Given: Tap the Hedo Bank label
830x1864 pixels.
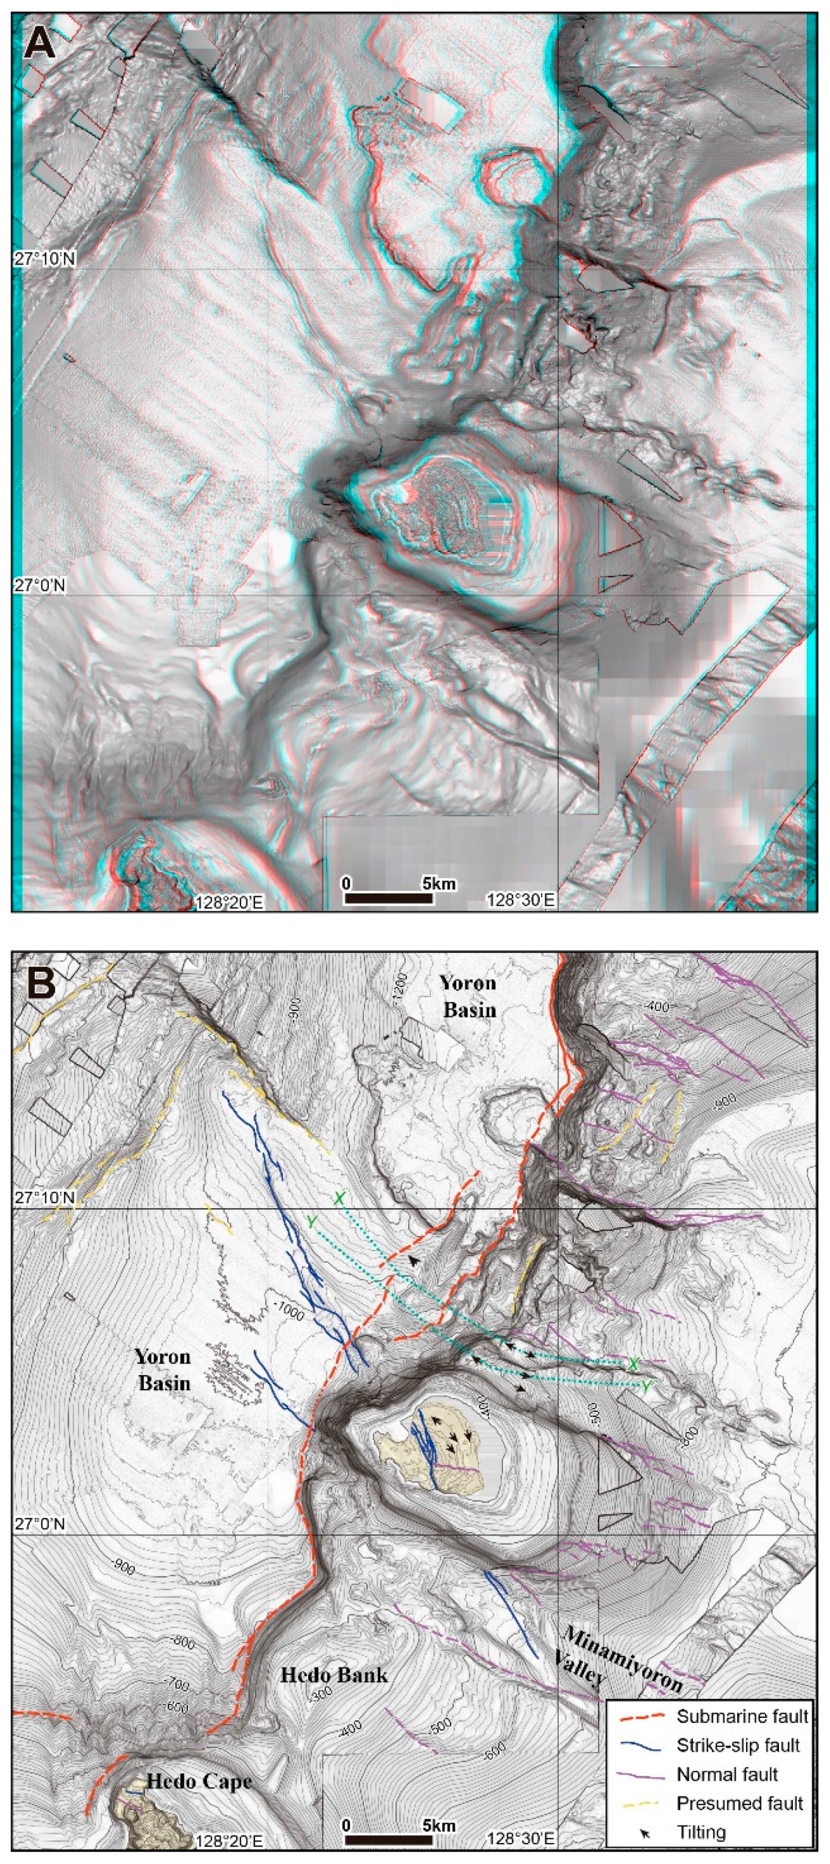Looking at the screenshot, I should tap(334, 1674).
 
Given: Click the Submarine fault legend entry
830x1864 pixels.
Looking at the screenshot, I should tap(742, 1716).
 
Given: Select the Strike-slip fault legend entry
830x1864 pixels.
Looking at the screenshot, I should tap(738, 1745).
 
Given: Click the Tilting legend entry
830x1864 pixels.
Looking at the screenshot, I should tap(701, 1832).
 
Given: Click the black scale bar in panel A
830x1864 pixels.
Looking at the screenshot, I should tap(388, 899).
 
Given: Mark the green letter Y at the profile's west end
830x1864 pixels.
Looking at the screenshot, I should tap(312, 1222).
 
